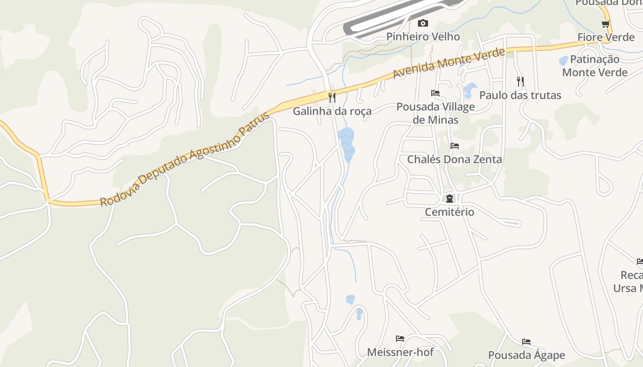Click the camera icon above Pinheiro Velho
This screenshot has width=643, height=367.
[x=423, y=23]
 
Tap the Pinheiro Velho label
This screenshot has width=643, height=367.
[x=423, y=37]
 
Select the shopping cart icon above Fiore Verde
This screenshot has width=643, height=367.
[x=606, y=24]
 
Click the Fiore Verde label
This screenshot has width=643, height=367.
[x=606, y=37]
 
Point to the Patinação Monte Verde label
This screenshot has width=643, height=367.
[x=595, y=66]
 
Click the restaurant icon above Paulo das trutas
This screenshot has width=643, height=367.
[x=520, y=82]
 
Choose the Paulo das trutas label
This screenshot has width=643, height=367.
[x=520, y=95]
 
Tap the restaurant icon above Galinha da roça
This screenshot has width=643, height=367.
[x=332, y=97]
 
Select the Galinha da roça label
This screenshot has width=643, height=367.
[x=332, y=111]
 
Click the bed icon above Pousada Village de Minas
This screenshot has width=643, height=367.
[x=435, y=93]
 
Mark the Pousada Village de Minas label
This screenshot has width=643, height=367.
[x=435, y=113]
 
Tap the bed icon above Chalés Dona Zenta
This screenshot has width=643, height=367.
[x=455, y=146]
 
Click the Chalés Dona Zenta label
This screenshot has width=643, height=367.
[x=455, y=160]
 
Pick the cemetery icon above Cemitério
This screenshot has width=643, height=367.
[x=449, y=199]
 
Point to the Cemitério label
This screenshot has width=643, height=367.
[x=449, y=212]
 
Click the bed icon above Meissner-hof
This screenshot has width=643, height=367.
[x=400, y=339]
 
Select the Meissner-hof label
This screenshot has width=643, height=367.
[x=400, y=352]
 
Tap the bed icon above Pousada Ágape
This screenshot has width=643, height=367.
[x=526, y=342]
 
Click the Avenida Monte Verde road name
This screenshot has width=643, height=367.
[x=449, y=64]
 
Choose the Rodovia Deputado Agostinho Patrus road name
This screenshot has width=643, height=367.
[x=185, y=159]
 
